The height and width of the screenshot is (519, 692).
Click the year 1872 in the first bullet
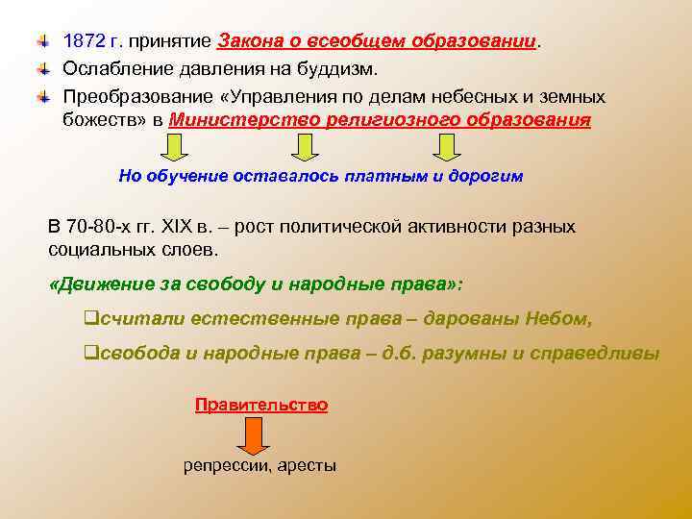click(83, 43)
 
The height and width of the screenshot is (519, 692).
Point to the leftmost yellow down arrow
click(172, 147)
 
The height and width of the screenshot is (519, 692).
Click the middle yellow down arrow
click(305, 147)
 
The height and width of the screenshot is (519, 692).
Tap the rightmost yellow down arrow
click(445, 147)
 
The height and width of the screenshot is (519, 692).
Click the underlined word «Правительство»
click(261, 405)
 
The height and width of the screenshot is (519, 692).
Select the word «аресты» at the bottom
click(308, 466)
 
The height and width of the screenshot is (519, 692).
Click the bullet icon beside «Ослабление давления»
click(43, 70)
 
